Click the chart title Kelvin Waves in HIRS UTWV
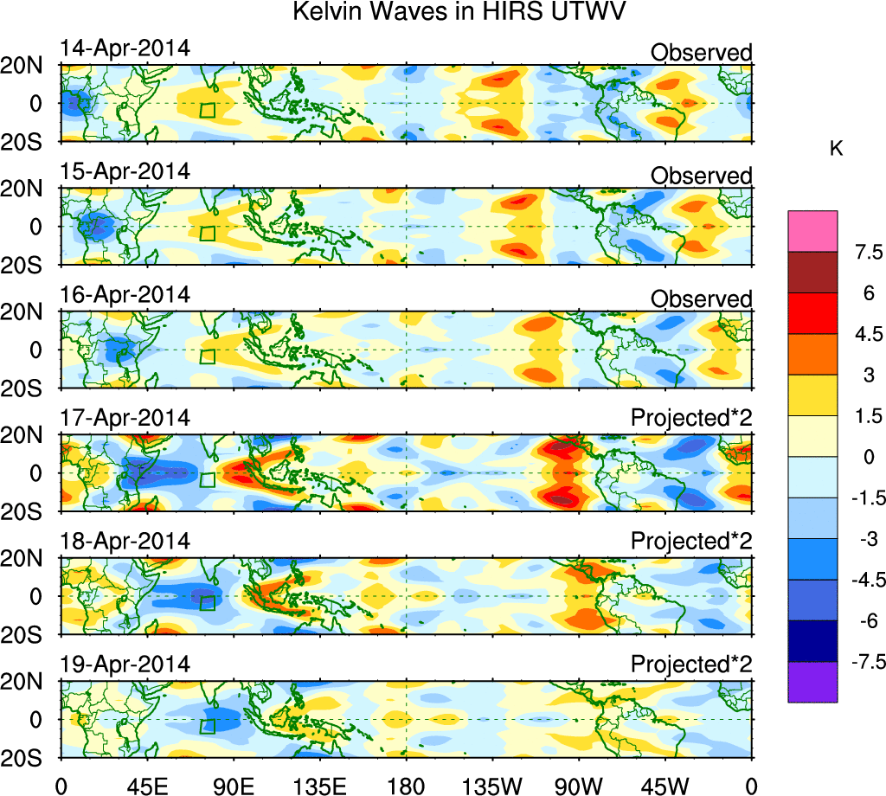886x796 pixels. (459, 13)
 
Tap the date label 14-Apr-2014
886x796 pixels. (125, 49)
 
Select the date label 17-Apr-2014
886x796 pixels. (125, 418)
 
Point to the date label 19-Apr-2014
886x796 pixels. (125, 664)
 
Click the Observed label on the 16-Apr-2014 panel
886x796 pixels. (701, 298)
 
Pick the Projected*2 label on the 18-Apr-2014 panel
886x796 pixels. (691, 541)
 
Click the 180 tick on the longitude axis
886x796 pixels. (406, 785)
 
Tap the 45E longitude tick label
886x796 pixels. (146, 785)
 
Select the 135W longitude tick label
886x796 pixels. (491, 785)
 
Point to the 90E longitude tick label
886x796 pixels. (233, 785)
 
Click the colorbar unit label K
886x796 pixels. (837, 149)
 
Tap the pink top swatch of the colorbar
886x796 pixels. (812, 231)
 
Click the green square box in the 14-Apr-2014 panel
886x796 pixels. (207, 109)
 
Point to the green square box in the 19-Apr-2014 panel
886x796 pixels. (207, 726)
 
